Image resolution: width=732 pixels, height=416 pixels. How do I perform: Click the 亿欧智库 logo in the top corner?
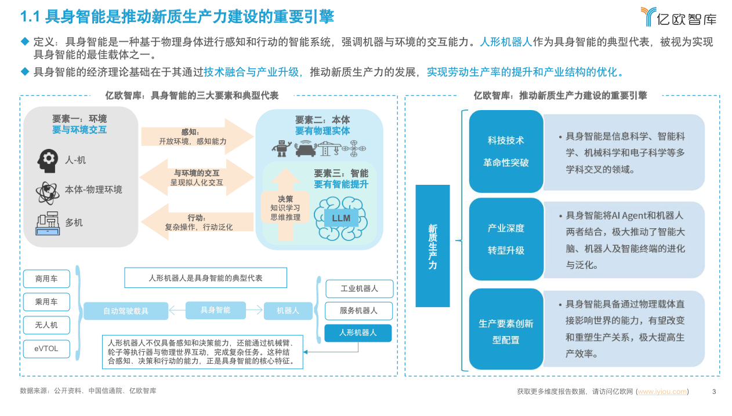pyautogui.click(x=678, y=17)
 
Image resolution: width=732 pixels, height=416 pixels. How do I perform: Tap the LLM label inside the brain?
pyautogui.click(x=341, y=218)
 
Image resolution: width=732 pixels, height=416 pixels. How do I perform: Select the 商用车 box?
pyautogui.click(x=46, y=279)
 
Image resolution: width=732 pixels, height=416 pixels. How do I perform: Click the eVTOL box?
pyautogui.click(x=46, y=348)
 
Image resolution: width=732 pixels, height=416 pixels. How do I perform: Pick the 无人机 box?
pyautogui.click(x=46, y=325)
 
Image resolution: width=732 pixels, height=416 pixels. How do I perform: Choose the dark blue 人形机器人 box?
pyautogui.click(x=358, y=333)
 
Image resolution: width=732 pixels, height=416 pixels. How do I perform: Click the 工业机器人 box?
pyautogui.click(x=358, y=289)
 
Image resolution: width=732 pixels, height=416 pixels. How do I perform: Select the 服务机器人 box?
pyautogui.click(x=358, y=311)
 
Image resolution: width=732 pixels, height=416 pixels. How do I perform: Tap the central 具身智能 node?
pyautogui.click(x=215, y=311)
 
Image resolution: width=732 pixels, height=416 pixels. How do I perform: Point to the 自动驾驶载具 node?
pyautogui.click(x=125, y=311)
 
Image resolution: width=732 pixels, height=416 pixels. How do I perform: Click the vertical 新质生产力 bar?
pyautogui.click(x=433, y=246)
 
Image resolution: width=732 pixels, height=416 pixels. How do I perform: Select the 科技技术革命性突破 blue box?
pyautogui.click(x=506, y=152)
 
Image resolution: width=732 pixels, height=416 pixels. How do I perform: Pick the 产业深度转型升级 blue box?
pyautogui.click(x=506, y=239)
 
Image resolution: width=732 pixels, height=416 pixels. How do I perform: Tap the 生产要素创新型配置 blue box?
pyautogui.click(x=506, y=329)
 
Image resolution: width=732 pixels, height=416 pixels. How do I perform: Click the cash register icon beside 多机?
pyautogui.click(x=48, y=222)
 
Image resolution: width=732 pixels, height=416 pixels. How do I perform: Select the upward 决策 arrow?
pyautogui.click(x=285, y=206)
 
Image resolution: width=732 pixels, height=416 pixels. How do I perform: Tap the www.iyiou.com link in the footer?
pyautogui.click(x=662, y=392)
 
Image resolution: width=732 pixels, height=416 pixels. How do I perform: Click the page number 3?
pyautogui.click(x=713, y=392)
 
